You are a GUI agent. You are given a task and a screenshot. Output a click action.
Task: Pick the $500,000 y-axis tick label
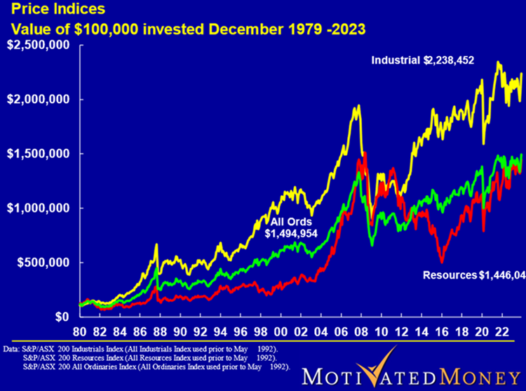(x=43, y=263)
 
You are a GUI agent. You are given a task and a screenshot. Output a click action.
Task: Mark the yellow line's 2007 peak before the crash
(x=358, y=107)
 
